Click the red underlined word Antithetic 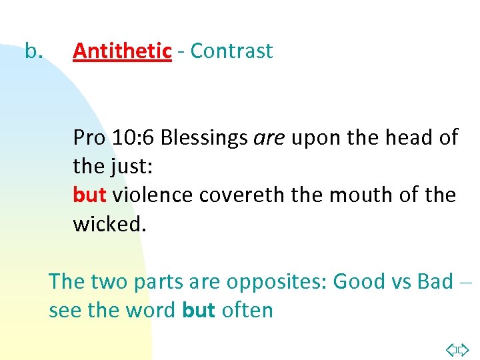point(122,51)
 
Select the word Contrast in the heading point(231,51)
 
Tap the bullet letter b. point(33,51)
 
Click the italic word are point(269,137)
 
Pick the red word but point(89,195)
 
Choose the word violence point(153,195)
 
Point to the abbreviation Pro point(89,137)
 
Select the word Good point(358,281)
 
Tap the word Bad point(435,281)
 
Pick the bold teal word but point(199,311)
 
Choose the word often point(247,311)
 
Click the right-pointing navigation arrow point(464,349)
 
